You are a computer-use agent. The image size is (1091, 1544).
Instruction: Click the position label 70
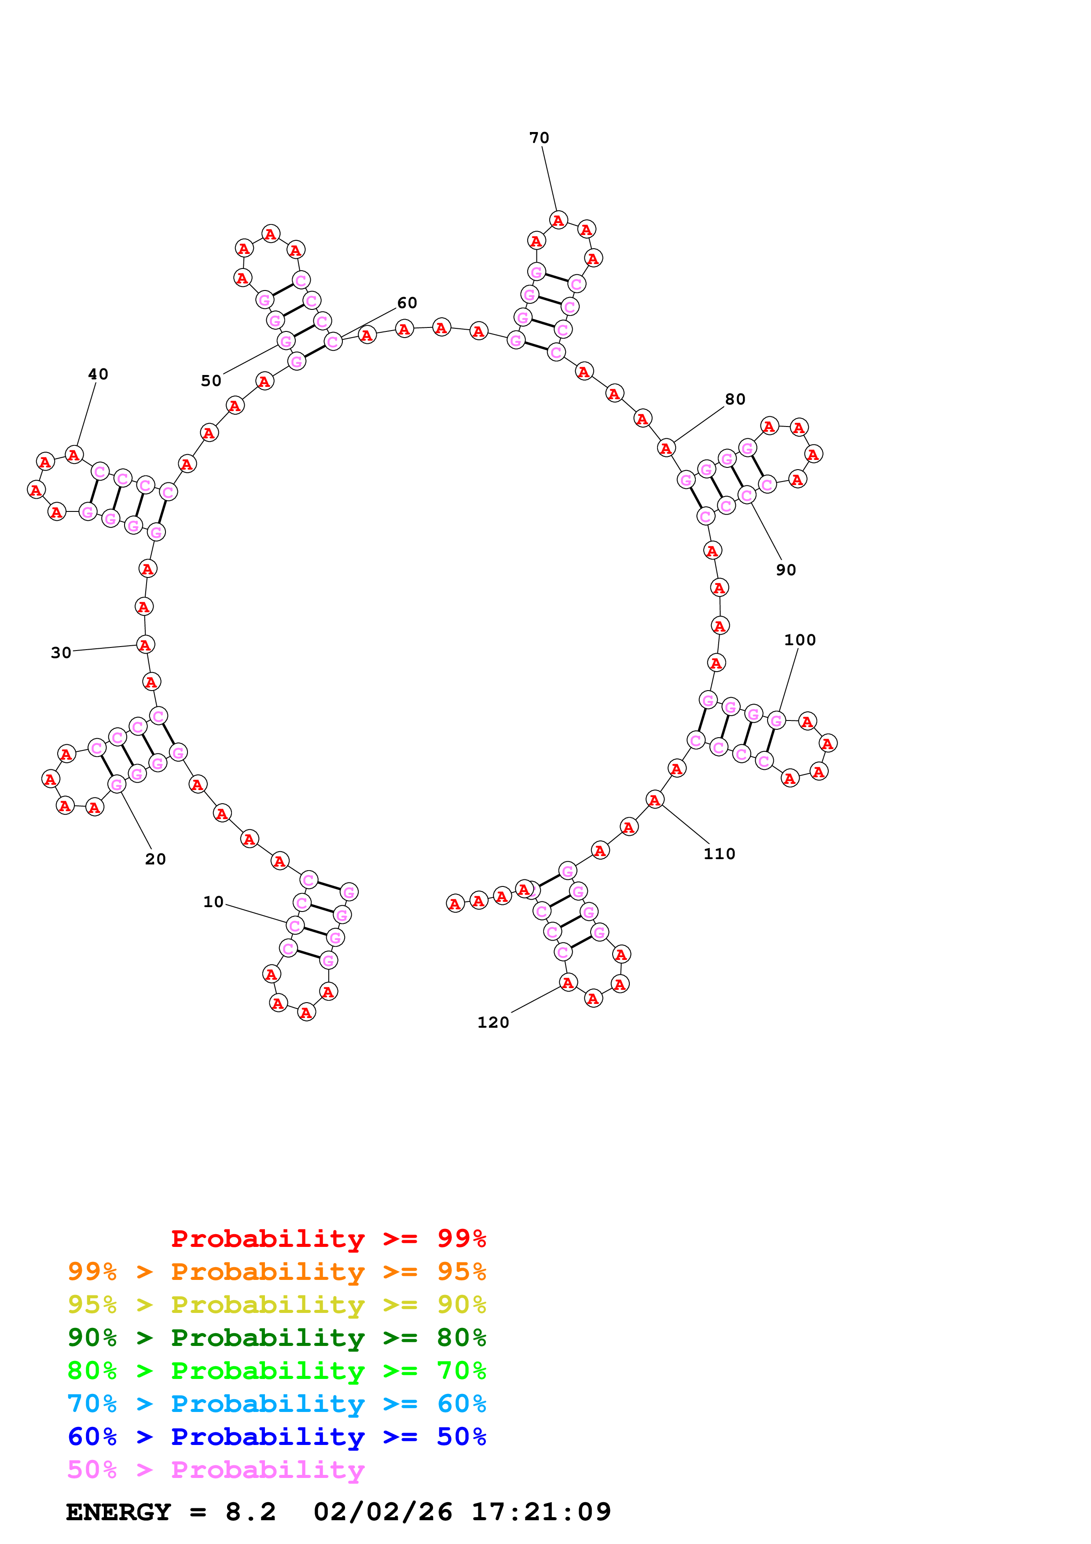pyautogui.click(x=539, y=138)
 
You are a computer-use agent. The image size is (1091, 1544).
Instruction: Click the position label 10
pyautogui.click(x=213, y=902)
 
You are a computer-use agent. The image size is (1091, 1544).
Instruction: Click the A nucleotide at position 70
pyautogui.click(x=558, y=220)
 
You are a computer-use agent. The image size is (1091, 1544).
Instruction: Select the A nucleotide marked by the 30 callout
pyautogui.click(x=145, y=644)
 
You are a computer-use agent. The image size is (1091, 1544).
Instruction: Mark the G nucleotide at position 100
pyautogui.click(x=776, y=721)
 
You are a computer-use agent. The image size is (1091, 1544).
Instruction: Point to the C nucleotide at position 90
pyautogui.click(x=747, y=495)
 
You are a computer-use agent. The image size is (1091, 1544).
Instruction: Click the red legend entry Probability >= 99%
pyautogui.click(x=328, y=1239)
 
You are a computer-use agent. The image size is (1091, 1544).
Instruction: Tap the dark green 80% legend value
pyautogui.click(x=461, y=1338)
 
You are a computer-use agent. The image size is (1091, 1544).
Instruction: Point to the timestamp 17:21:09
pyautogui.click(x=541, y=1512)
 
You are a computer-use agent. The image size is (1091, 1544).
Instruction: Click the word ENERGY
pyautogui.click(x=118, y=1512)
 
